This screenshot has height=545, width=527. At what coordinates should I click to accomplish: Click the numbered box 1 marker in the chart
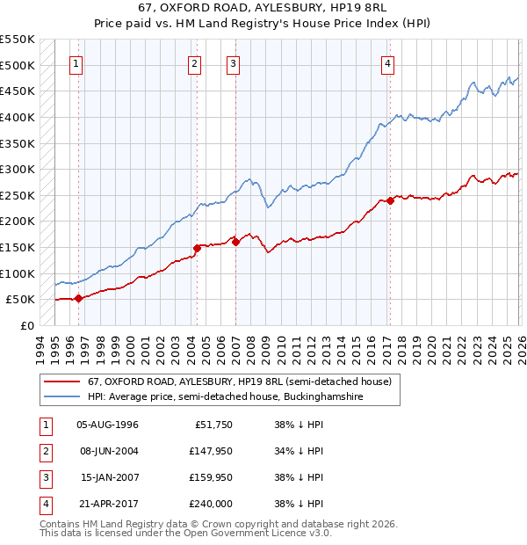click(x=77, y=62)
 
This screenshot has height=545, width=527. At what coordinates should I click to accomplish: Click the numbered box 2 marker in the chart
click(x=194, y=62)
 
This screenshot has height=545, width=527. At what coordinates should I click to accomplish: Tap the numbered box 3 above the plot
click(x=234, y=62)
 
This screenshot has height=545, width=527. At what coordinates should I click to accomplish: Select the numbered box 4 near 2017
click(x=387, y=62)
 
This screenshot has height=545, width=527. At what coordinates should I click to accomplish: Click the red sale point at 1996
click(x=79, y=298)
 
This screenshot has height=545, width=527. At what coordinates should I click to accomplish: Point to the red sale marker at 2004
click(x=197, y=248)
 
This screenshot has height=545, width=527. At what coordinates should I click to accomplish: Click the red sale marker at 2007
click(x=235, y=242)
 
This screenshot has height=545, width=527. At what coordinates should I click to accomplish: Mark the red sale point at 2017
click(x=389, y=200)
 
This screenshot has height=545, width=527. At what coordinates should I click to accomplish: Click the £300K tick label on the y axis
click(x=18, y=169)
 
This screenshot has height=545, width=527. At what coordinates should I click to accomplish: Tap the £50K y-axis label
click(x=20, y=300)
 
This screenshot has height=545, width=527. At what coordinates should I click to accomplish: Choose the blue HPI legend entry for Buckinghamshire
click(x=225, y=397)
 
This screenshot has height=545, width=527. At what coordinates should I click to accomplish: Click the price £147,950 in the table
click(x=210, y=452)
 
